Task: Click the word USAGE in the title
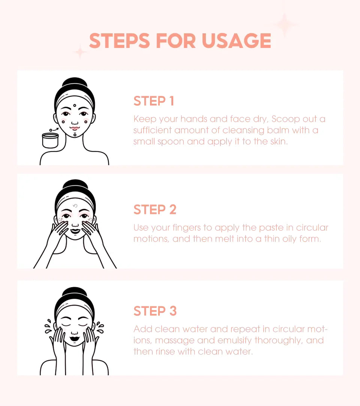pos(236,41)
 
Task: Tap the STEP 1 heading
pos(154,101)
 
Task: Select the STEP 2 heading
pos(155,209)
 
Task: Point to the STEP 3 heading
pos(155,311)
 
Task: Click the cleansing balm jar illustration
pos(50,140)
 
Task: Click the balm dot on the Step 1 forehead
pos(75,105)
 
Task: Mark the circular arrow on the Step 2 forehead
pos(75,206)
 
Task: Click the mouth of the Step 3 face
pos(75,338)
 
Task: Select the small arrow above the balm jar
pos(54,130)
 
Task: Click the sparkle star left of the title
pos(80,52)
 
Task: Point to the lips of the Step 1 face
pos(75,128)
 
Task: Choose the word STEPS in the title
pos(120,41)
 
